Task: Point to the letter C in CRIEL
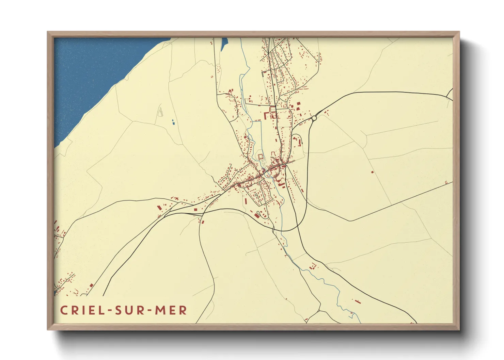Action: coord(64,310)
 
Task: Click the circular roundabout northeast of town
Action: coord(314,118)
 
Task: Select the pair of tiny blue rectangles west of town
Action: coord(173,121)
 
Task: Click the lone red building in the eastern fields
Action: coord(372,172)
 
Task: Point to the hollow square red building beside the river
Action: coord(261,156)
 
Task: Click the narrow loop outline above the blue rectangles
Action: coord(160,112)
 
